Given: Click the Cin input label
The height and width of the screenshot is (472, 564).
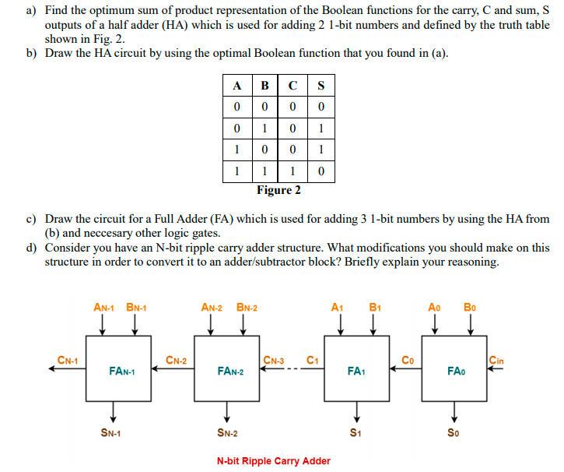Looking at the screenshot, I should point(496,360).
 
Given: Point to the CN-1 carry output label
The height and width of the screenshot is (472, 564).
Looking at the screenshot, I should point(68,360).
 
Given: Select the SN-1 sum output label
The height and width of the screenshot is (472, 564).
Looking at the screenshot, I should point(114,433).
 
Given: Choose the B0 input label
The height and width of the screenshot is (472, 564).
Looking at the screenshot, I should point(471,307).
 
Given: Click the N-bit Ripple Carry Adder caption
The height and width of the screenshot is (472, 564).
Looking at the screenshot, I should point(273,460).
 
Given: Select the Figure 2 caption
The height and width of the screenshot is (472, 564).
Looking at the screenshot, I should point(278,190).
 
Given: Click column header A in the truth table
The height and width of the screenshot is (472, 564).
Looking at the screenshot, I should point(236,86).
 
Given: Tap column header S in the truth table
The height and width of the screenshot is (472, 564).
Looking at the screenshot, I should point(321,86).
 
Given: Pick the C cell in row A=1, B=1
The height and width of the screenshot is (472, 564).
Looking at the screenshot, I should point(292,171).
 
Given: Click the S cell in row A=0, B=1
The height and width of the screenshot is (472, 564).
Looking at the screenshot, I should point(321,128).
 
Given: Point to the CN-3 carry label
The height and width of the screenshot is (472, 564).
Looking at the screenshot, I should point(273,360).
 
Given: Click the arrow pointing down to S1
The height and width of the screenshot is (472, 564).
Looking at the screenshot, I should point(356,410).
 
